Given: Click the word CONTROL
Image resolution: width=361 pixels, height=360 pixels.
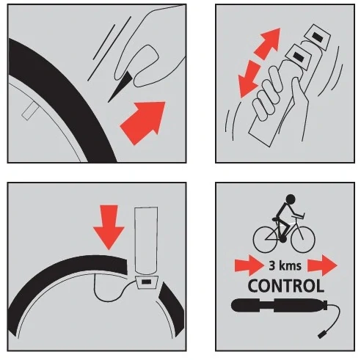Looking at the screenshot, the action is coord(285,286).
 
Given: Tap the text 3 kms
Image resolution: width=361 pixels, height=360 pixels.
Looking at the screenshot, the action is coord(285,266).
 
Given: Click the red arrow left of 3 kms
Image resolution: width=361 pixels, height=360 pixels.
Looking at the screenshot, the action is coord(249,265).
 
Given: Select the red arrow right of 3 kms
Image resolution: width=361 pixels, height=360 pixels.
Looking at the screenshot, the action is coord(322,265).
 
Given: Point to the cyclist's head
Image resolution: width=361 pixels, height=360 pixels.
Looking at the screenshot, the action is coord(291,198).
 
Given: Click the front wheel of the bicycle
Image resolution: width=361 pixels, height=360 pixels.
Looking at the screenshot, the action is coord(303,240).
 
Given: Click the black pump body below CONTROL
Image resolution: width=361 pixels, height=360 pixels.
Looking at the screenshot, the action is coord(280,306).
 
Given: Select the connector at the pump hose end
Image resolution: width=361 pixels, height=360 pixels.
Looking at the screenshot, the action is coord(322,334).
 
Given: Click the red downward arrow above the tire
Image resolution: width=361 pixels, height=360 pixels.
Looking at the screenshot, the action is coord(109,227).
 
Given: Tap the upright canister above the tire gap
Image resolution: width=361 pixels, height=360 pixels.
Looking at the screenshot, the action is coord(146,240).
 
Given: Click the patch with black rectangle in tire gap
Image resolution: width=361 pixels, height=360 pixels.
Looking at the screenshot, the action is coord(147,282).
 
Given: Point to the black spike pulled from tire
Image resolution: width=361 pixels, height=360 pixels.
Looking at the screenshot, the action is coord(120,87).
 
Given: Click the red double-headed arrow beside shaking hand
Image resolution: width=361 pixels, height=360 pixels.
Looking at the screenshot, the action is coord(260,62).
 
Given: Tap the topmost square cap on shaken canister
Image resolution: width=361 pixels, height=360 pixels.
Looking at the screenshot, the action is coord(318,37).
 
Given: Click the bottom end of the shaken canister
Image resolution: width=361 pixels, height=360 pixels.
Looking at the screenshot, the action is coord(260,139).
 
